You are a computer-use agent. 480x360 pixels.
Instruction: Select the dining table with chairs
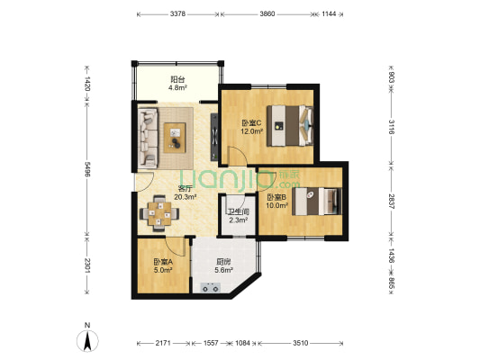click(x=161, y=214)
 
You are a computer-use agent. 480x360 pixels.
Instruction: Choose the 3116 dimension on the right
click(x=392, y=128)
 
